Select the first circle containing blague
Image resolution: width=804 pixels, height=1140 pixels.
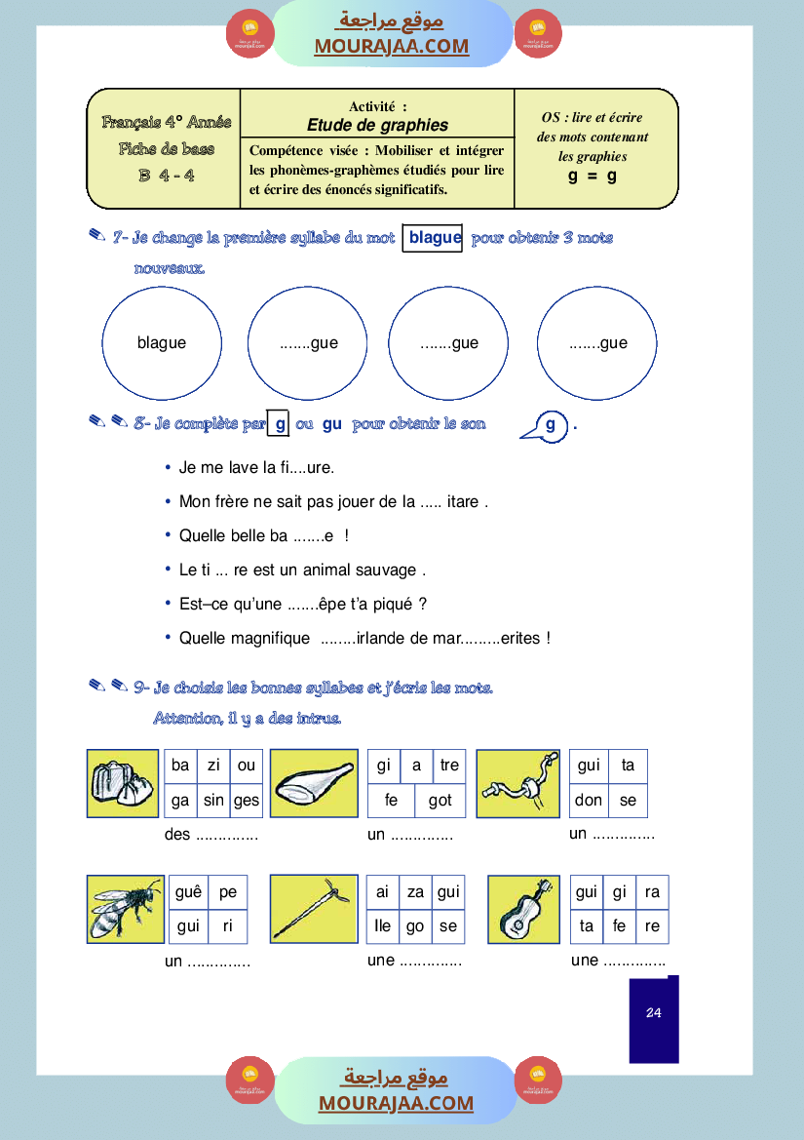pos(162,343)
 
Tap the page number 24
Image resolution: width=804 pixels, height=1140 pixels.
pos(653,1013)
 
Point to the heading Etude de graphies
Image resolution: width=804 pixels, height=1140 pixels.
pos(377,125)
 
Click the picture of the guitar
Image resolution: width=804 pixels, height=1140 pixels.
pos(523,908)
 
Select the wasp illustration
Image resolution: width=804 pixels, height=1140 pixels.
pos(125,908)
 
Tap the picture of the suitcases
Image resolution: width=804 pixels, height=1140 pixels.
pos(123,783)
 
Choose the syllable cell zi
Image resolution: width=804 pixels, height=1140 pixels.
pos(213,766)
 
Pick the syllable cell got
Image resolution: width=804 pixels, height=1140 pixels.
pos(440,801)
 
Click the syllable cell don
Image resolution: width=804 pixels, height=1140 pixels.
pos(588,801)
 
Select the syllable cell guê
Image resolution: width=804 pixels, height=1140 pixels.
pos(188,892)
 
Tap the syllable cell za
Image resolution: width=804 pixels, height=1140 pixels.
pos(415,892)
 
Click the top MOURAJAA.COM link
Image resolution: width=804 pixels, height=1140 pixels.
pos(391,46)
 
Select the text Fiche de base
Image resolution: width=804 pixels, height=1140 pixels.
pos(167,149)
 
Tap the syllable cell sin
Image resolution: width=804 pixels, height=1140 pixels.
pos(213,801)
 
